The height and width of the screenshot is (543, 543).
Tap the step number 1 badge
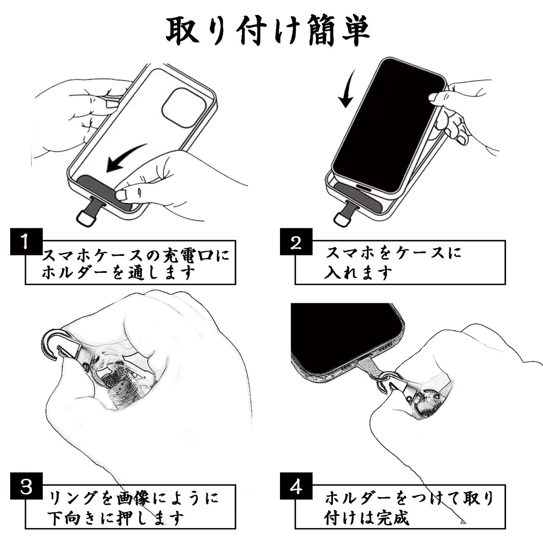[26, 241]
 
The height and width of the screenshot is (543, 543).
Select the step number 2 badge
[296, 242]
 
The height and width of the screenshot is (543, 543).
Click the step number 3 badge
[26, 486]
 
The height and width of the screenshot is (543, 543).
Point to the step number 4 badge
[296, 486]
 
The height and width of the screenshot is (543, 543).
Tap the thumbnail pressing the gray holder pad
[123, 195]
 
